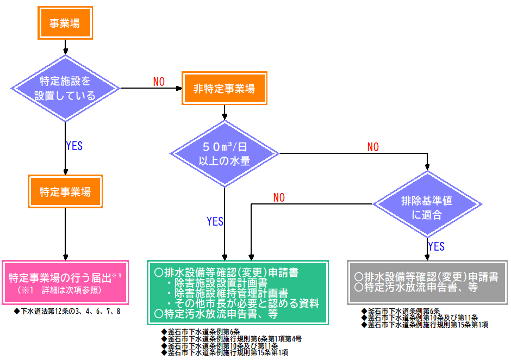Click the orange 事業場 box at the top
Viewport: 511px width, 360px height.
[x=65, y=23]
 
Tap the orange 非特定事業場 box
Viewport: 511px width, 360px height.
[x=224, y=88]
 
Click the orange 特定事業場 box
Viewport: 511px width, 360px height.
[x=65, y=192]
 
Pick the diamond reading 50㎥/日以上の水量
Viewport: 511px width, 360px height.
[x=224, y=153]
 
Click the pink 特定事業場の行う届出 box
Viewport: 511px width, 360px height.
[x=65, y=282]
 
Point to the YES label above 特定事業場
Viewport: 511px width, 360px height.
[x=74, y=146]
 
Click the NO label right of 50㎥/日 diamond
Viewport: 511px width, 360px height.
[x=373, y=147]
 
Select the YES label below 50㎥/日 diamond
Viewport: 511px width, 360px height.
[x=215, y=221]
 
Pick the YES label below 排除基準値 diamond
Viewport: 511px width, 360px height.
[x=436, y=246]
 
